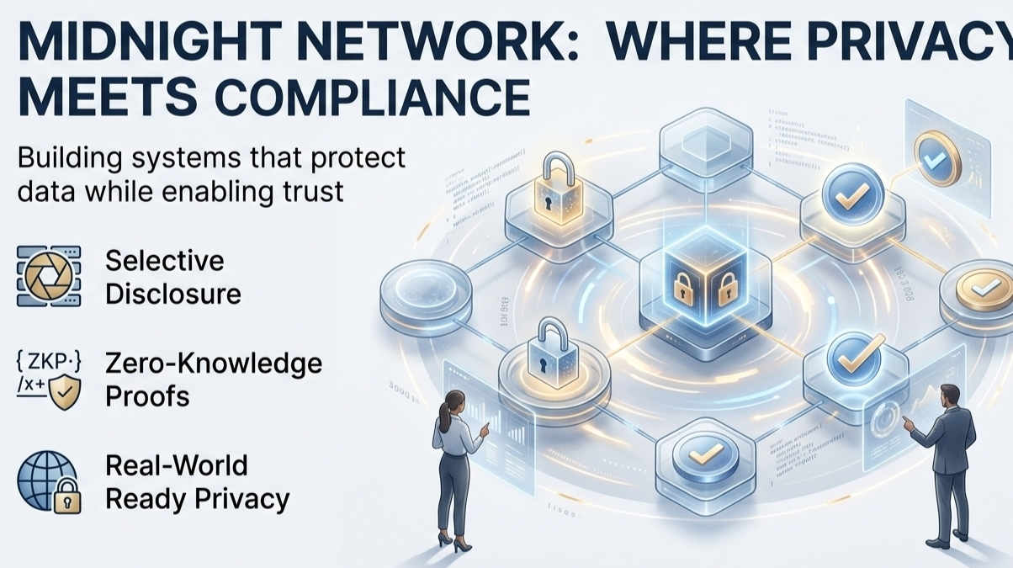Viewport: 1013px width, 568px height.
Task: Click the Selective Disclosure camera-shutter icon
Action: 49,276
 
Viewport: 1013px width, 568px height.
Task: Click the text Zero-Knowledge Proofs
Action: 213,380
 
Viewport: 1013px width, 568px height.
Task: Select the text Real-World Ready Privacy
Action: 197,482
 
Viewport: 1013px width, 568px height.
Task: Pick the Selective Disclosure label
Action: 172,276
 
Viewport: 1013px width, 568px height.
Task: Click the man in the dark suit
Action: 947,463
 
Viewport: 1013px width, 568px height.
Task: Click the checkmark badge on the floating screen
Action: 936,156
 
